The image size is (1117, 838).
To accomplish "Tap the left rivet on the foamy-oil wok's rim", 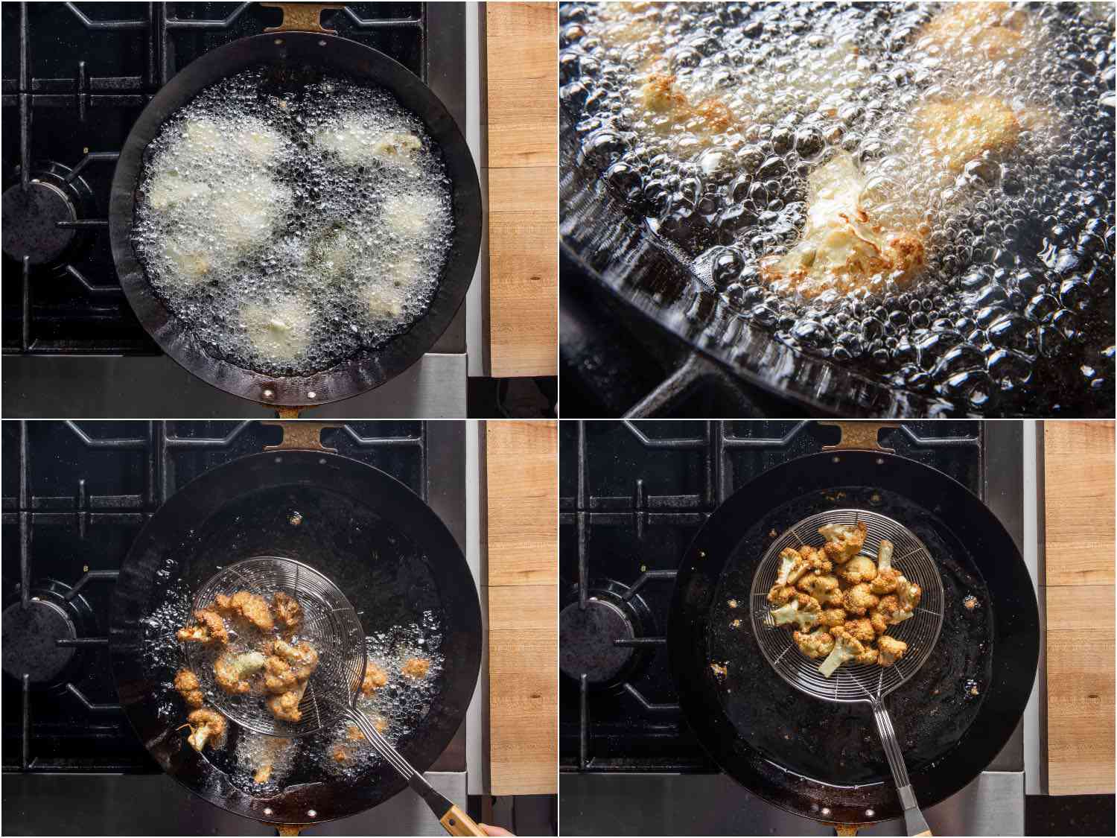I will pos(267,390).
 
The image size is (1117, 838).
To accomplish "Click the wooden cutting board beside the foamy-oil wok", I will pos(521,186).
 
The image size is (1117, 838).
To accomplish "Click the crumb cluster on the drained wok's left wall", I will pos(737,603).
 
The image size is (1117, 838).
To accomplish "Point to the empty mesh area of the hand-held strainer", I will pos(328,596).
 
